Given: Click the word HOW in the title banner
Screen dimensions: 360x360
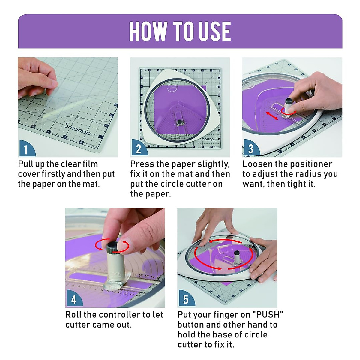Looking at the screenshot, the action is click(148, 31).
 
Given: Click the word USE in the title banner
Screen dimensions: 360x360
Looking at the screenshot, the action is click(215, 31).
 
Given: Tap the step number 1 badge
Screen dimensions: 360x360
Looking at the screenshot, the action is click(27, 148).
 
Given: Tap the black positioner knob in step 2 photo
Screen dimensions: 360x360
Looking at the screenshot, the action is click(180, 122).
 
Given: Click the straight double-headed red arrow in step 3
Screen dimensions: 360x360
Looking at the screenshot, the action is click(272, 116).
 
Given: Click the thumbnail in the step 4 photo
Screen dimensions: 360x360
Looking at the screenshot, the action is click(125, 245).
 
